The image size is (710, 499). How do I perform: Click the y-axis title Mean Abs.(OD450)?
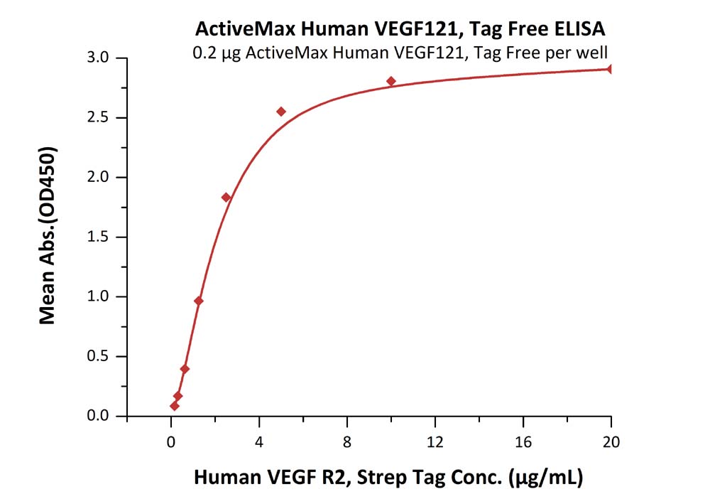pyautogui.click(x=48, y=237)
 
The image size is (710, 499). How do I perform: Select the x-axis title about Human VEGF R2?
pyautogui.click(x=388, y=478)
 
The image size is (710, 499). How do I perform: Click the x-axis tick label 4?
pyautogui.click(x=258, y=442)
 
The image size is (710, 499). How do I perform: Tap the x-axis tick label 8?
pyautogui.click(x=346, y=442)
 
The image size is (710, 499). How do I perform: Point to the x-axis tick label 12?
pyautogui.click(x=435, y=442)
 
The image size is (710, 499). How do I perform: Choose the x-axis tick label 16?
pyautogui.click(x=523, y=442)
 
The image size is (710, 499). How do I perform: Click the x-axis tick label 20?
pyautogui.click(x=611, y=442)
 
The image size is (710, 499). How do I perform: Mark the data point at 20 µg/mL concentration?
pyautogui.click(x=611, y=69)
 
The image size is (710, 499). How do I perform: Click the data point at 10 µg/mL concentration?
pyautogui.click(x=391, y=81)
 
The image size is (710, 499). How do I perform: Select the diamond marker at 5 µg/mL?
pyautogui.click(x=281, y=112)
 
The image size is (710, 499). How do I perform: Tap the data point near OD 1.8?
pyautogui.click(x=226, y=197)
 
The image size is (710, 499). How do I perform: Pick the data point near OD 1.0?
pyautogui.click(x=199, y=301)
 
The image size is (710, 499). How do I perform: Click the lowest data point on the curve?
pyautogui.click(x=174, y=406)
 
